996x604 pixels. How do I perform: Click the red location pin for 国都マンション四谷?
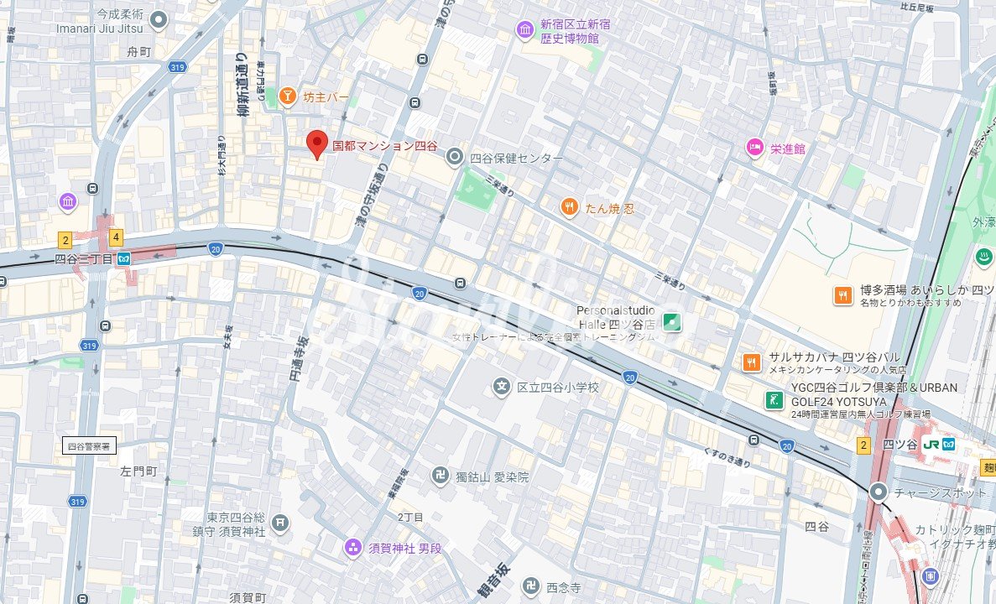[x=316, y=143]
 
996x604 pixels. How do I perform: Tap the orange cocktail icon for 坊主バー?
[x=287, y=97]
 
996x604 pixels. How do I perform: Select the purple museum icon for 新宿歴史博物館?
[x=525, y=31]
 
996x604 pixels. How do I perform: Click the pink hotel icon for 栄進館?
[x=754, y=148]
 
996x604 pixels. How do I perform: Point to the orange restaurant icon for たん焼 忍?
[x=570, y=207]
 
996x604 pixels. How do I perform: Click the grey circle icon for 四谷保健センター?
[x=455, y=156]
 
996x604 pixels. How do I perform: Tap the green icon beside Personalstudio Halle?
[x=671, y=320]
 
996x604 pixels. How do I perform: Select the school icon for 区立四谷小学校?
[x=501, y=387]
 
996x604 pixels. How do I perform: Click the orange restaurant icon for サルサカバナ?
[x=751, y=362]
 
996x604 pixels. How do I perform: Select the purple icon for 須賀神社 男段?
[x=353, y=548]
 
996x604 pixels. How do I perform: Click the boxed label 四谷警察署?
[x=90, y=445]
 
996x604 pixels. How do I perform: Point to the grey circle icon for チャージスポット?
[x=879, y=492]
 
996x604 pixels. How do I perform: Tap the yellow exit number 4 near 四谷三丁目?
[x=116, y=237]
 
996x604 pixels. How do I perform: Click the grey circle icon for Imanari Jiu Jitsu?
[x=159, y=19]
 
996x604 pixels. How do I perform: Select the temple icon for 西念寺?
[x=530, y=586]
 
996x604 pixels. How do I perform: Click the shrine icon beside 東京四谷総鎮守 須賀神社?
[x=280, y=523]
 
